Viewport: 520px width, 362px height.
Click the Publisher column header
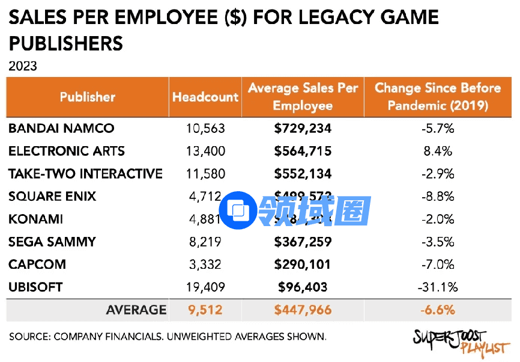pos(88,97)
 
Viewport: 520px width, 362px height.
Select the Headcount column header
pos(205,97)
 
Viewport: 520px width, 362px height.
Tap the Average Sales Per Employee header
pos(303,97)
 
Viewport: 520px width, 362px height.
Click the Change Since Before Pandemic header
pos(437,97)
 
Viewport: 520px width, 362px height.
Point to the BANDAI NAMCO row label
pos(61,128)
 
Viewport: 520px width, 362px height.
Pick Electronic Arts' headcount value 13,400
pos(205,151)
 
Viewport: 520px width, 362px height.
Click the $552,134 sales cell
pos(303,174)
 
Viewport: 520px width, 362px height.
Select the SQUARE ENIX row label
pos(52,197)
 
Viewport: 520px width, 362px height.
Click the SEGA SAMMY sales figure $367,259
pos(303,242)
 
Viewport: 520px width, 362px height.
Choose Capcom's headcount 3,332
pos(205,265)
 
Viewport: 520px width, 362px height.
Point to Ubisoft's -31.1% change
pos(437,287)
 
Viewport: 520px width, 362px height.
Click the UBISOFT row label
pos(35,287)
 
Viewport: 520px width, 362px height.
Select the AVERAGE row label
pos(136,310)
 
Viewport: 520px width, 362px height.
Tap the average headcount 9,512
pos(205,310)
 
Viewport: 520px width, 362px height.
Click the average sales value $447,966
pos(303,310)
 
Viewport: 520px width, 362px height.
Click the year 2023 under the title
pos(23,66)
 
